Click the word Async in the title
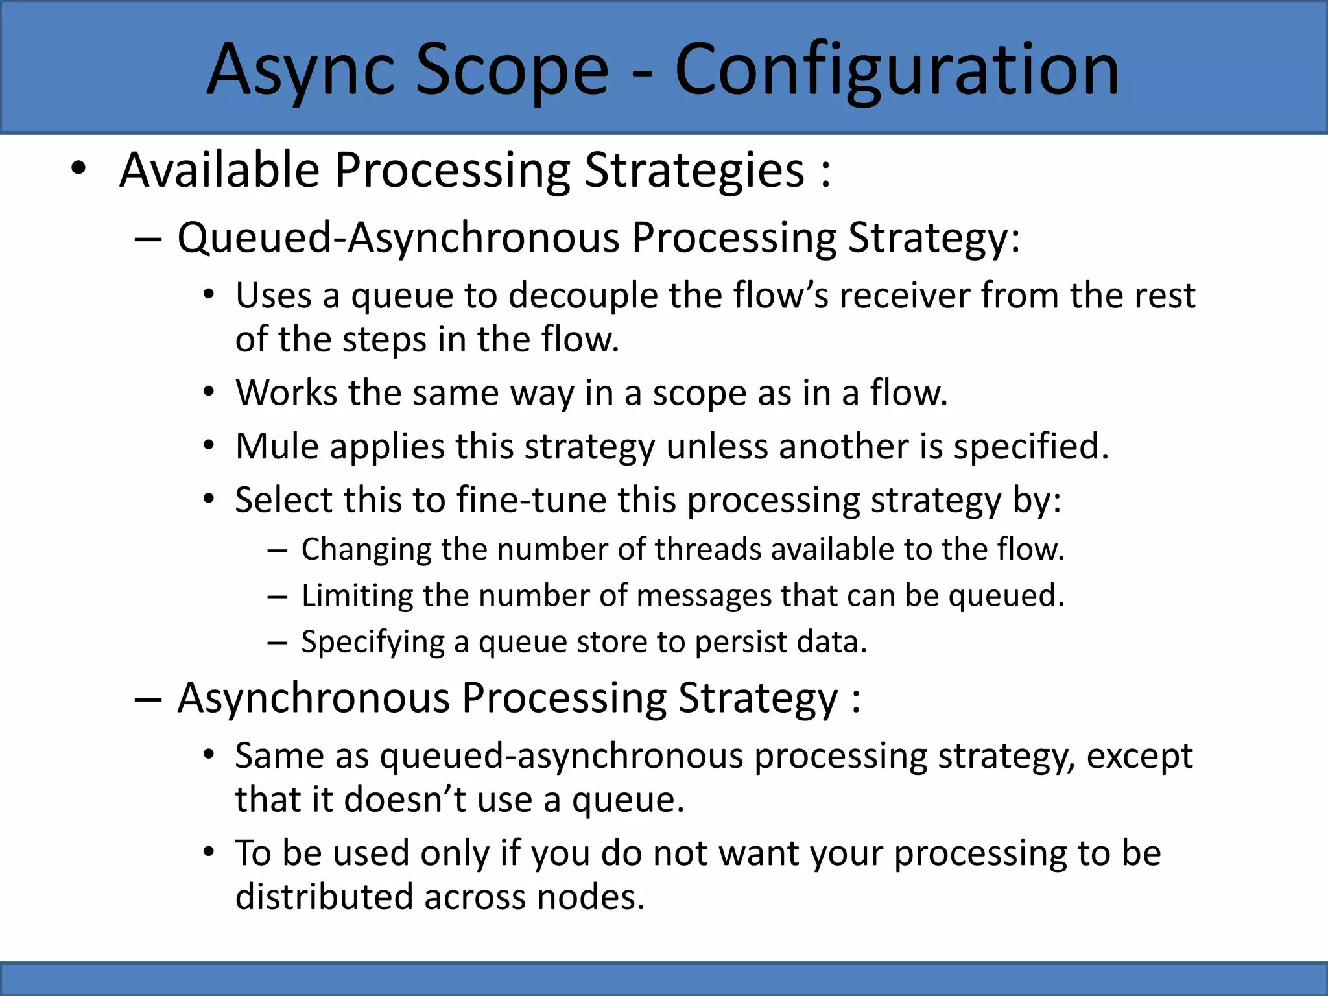pos(301,70)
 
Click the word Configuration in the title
pos(897,70)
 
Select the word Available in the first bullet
pos(220,170)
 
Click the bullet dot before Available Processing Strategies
pos(78,169)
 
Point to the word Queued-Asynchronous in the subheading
pos(398,237)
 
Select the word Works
pos(286,393)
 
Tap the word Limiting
pos(357,595)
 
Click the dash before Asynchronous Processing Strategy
pos(148,700)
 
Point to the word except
pos(1139,757)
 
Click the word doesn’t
pos(405,800)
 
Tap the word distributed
pos(324,897)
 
